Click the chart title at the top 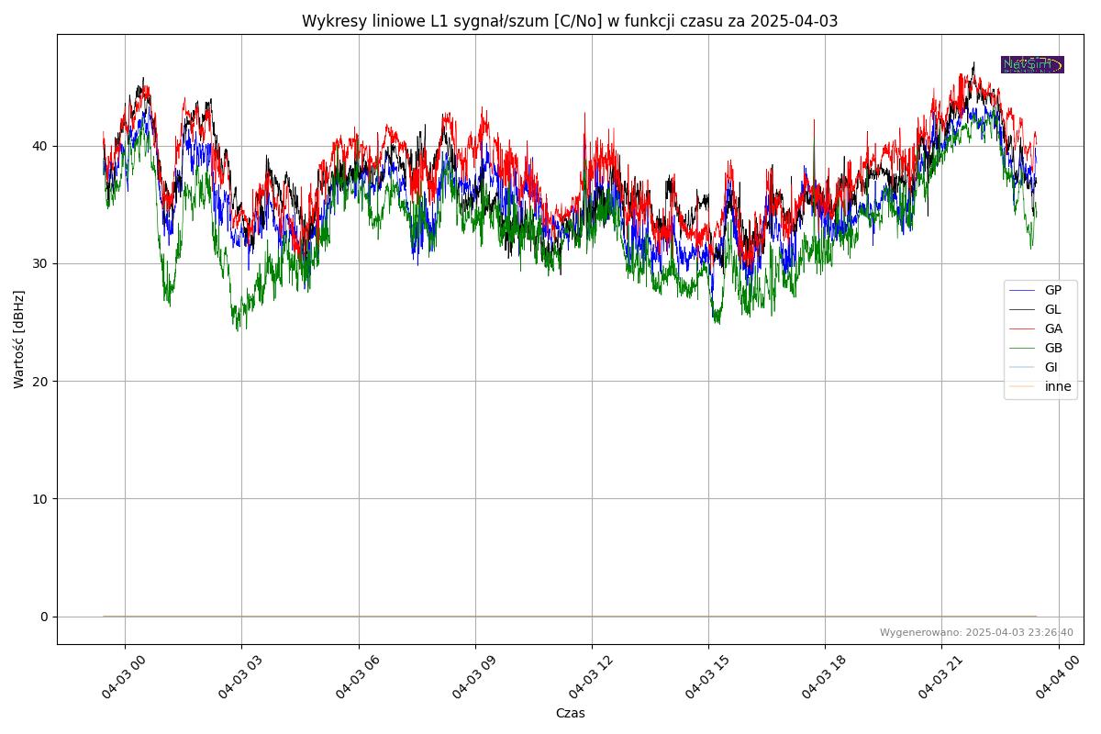point(569,21)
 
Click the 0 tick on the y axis point(44,617)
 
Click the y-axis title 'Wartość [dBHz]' point(19,339)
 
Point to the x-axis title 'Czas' point(570,713)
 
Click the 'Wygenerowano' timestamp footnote point(976,632)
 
